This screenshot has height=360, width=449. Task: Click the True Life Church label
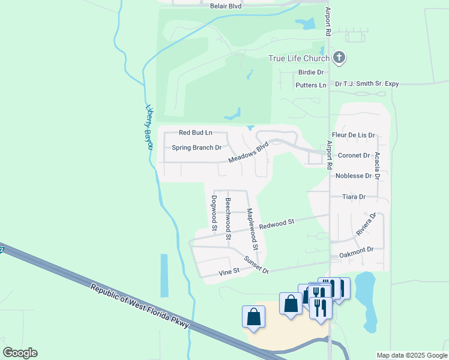tap(298, 58)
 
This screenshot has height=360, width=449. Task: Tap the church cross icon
tap(339, 58)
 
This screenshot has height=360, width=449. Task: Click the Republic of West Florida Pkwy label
tap(140, 306)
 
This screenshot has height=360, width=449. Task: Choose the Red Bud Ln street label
tap(196, 133)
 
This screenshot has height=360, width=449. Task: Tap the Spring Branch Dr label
tap(197, 148)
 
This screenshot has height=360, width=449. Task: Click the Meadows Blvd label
tap(247, 153)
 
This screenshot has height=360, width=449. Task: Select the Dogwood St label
tap(214, 212)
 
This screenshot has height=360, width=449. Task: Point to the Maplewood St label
tap(252, 229)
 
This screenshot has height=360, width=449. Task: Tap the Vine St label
tap(229, 272)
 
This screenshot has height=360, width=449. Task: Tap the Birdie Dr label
tap(311, 72)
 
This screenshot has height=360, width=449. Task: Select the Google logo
tap(20, 353)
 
